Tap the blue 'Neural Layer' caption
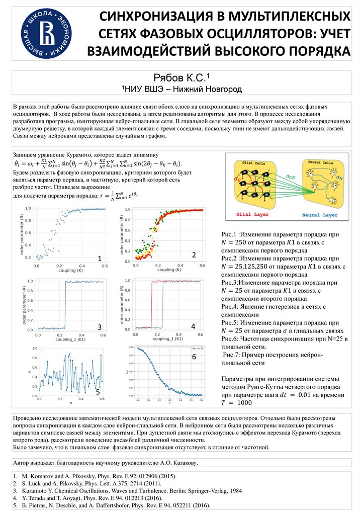320,215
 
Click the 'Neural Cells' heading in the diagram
320,163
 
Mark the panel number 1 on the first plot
100,258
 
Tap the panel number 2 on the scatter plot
194,255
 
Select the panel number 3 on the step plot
100,326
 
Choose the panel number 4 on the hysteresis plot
193,326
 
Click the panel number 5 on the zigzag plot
98,391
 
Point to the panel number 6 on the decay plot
194,357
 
